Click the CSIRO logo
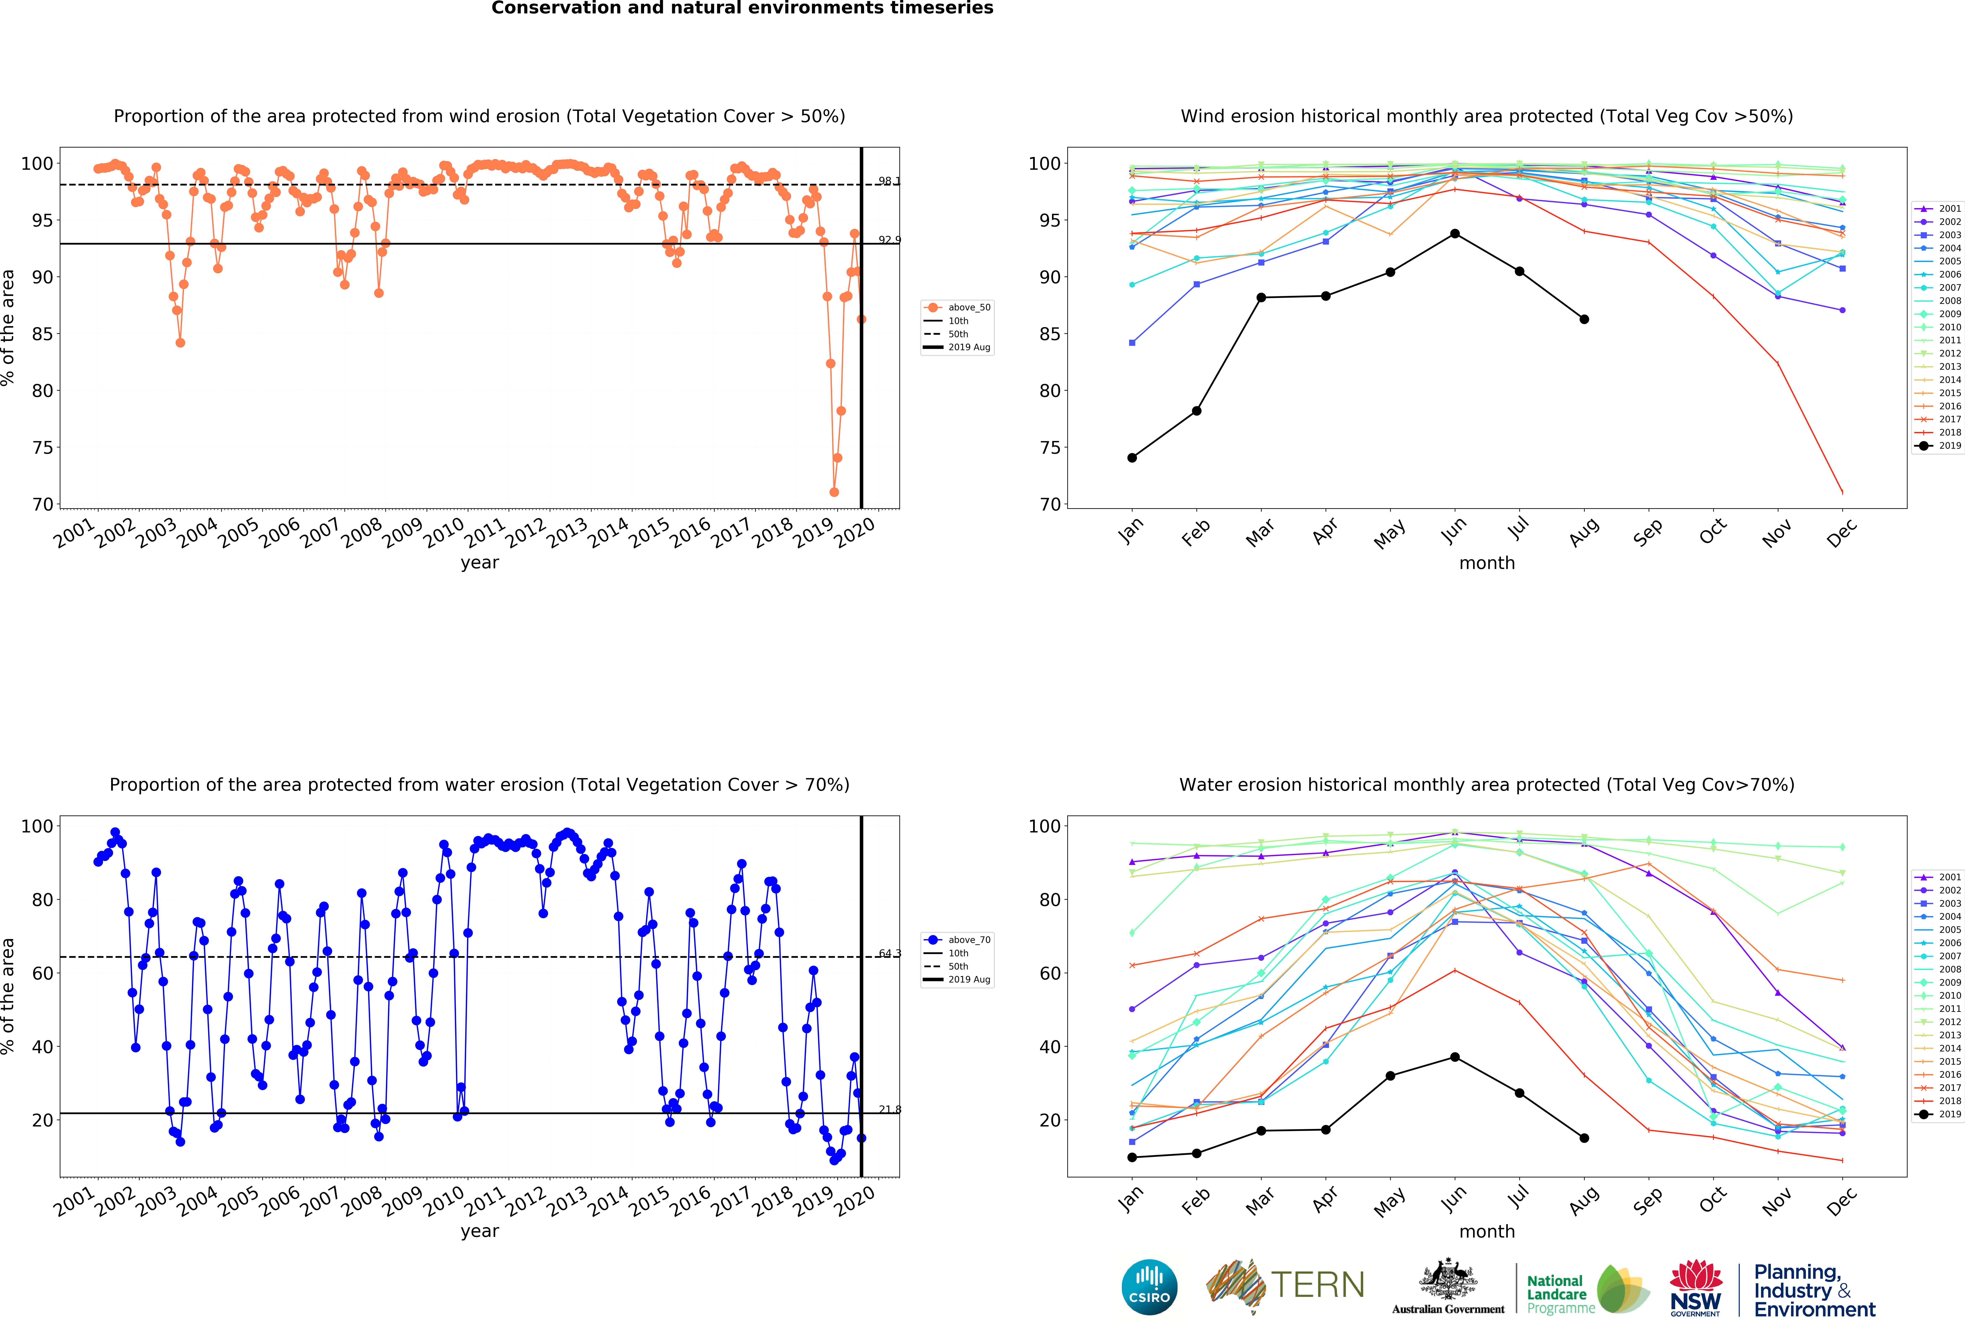click(x=1149, y=1287)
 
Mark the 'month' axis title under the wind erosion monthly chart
click(x=1486, y=563)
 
